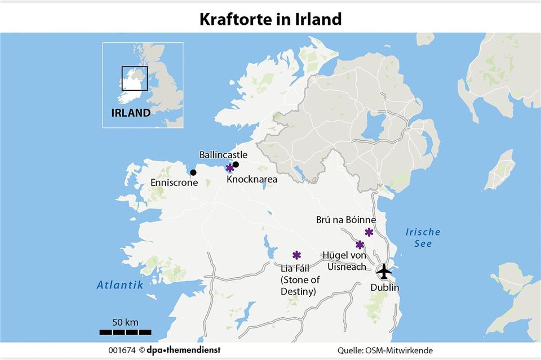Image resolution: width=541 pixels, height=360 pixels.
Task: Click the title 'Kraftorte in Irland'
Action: click(x=270, y=19)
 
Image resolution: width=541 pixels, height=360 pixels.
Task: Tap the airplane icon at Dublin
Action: click(x=384, y=271)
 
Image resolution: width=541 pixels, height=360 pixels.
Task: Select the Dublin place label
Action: click(x=384, y=288)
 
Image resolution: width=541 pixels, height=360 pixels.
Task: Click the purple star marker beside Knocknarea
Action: click(x=230, y=168)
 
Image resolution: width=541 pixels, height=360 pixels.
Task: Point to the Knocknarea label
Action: click(x=251, y=179)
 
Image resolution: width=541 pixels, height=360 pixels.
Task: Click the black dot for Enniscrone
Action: click(x=193, y=172)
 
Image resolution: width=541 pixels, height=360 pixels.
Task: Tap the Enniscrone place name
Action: click(x=174, y=183)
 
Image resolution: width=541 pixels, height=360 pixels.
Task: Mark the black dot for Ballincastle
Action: click(x=236, y=165)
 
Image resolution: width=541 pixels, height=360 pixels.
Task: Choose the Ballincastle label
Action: click(x=223, y=154)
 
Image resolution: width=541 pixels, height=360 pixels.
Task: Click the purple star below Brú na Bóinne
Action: click(x=369, y=232)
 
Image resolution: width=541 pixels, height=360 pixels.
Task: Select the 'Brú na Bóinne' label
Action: click(x=346, y=219)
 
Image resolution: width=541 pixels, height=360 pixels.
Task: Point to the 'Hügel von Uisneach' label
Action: click(x=344, y=261)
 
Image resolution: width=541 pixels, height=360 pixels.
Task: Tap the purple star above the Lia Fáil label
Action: click(x=296, y=255)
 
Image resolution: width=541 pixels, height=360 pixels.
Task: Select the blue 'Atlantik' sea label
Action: click(x=119, y=285)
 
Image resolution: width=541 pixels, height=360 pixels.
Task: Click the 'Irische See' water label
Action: click(x=423, y=238)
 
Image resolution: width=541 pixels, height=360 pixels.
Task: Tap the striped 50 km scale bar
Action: click(x=125, y=332)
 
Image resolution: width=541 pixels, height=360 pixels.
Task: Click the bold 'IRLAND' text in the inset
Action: click(x=131, y=113)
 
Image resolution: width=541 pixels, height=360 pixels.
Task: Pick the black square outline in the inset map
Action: click(x=135, y=78)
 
